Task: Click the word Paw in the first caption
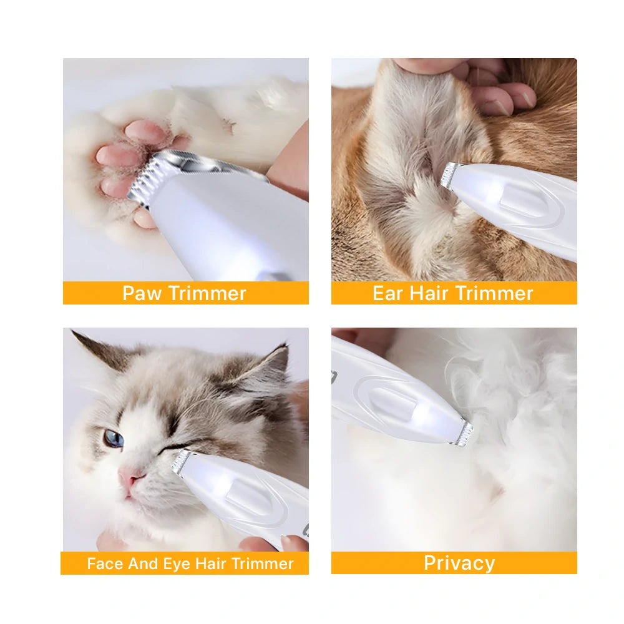point(142,294)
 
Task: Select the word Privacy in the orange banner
point(459,563)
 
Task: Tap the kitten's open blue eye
point(114,438)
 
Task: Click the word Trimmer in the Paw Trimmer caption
point(207,294)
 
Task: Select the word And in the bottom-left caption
point(143,563)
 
